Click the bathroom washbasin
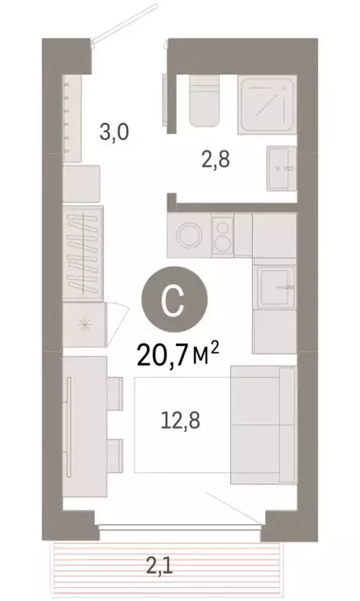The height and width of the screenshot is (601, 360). point(279,167)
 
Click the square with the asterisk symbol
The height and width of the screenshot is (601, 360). point(83,323)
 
